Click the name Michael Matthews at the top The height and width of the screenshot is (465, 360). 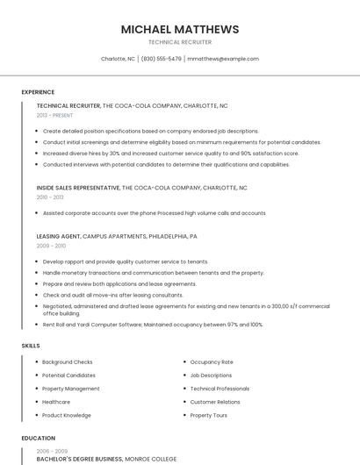(180, 29)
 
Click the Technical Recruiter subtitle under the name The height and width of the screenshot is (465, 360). (180, 41)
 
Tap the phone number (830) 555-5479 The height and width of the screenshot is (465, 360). (162, 59)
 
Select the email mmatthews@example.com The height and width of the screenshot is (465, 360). (223, 59)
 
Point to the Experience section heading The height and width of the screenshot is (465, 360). (38, 92)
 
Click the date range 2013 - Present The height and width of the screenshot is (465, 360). (54, 115)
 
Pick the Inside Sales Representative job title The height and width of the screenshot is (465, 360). (78, 187)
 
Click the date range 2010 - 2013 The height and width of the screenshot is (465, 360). (50, 197)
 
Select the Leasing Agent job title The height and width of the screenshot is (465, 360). (58, 236)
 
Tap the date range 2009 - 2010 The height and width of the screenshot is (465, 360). (51, 247)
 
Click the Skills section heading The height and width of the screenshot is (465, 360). (31, 346)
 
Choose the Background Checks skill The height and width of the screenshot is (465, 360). (67, 361)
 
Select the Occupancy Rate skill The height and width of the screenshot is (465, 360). (212, 361)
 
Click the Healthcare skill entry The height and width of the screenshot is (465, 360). (56, 402)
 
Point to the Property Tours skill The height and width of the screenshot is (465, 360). (209, 415)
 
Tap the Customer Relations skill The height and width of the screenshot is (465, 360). (215, 402)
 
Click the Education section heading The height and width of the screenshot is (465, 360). (38, 438)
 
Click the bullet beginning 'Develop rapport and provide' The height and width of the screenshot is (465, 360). (126, 261)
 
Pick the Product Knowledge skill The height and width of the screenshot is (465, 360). (66, 415)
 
